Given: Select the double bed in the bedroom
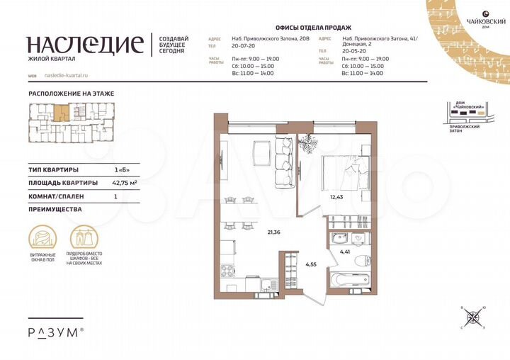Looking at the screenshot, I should coord(343,172).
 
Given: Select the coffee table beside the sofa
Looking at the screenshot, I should coord(259,151).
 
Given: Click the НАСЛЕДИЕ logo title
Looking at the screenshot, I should coord(85,45).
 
